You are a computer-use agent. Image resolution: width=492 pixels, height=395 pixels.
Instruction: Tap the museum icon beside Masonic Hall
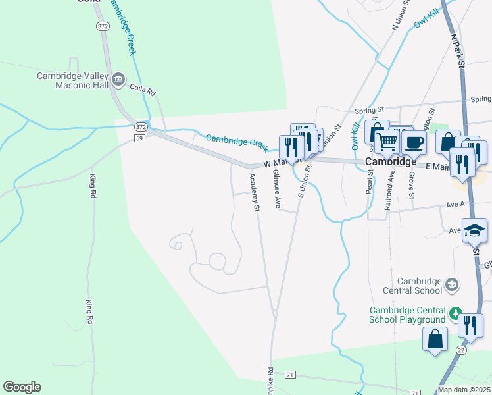click(x=118, y=80)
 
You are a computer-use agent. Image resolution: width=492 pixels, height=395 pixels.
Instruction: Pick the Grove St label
click(x=411, y=186)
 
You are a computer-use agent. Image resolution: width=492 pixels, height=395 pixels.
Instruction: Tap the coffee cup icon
click(x=414, y=142)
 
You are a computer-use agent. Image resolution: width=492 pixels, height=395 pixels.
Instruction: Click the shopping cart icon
click(x=387, y=142)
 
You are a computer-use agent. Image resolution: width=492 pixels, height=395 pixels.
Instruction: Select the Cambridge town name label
click(x=391, y=161)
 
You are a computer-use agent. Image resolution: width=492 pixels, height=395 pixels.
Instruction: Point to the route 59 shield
click(x=139, y=138)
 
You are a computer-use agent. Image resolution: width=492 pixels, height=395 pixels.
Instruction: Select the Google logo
click(x=22, y=387)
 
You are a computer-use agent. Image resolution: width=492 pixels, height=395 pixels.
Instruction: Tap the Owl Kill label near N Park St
click(x=426, y=18)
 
